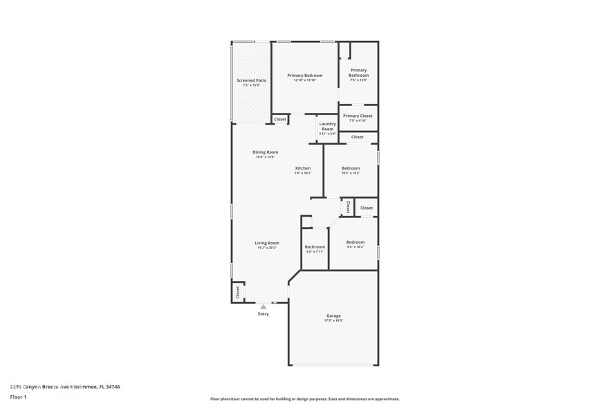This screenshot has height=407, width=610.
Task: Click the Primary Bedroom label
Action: [x=305, y=75]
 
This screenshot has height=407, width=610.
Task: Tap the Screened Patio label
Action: [x=251, y=80]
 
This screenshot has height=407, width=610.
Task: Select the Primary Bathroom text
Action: [x=358, y=73]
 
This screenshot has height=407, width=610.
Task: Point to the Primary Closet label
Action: [x=358, y=116]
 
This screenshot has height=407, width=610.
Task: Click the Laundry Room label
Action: [x=327, y=126]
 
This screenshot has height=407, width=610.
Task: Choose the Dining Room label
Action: [x=265, y=152]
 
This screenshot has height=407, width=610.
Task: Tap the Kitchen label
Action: [x=303, y=168]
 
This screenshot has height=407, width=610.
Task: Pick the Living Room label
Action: [x=266, y=243]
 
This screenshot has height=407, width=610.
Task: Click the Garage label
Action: [x=333, y=316]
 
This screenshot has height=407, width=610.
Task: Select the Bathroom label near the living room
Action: [x=315, y=246]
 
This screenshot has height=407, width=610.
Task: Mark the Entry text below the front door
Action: [x=264, y=314]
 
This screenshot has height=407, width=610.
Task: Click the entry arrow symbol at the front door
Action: [x=263, y=306]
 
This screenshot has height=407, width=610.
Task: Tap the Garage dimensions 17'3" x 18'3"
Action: [x=333, y=320]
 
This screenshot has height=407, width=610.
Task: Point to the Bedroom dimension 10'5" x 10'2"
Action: [x=351, y=173]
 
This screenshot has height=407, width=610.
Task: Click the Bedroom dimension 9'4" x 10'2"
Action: [x=355, y=246]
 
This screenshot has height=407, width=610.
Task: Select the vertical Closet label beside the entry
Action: [x=237, y=291]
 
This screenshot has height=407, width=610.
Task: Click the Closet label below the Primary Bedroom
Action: [x=280, y=119]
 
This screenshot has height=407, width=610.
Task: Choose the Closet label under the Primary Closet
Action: [x=357, y=137]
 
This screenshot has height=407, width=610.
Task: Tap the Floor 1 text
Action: [x=19, y=397]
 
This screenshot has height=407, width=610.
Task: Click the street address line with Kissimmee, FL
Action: [x=59, y=387]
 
